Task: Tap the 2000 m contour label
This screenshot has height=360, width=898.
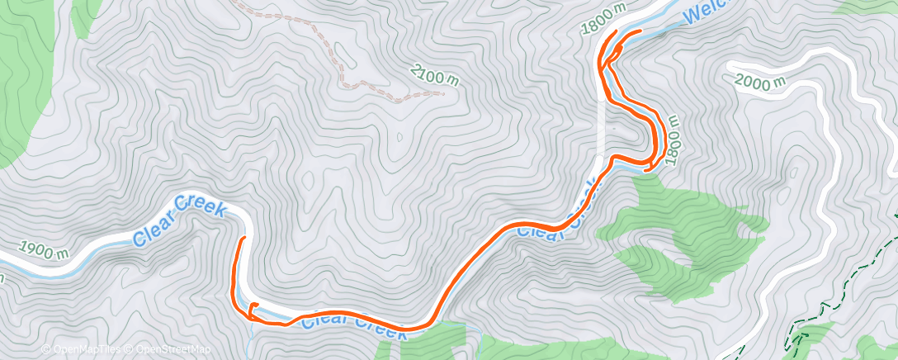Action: pos(761,82)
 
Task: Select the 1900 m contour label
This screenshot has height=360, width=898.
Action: pos(43,250)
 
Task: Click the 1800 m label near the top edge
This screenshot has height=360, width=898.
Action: pos(603,17)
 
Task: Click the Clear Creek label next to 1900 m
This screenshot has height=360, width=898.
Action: pos(179,221)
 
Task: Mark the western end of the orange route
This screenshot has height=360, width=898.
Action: pos(243,239)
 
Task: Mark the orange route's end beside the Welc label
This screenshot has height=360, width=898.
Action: pos(640,31)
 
